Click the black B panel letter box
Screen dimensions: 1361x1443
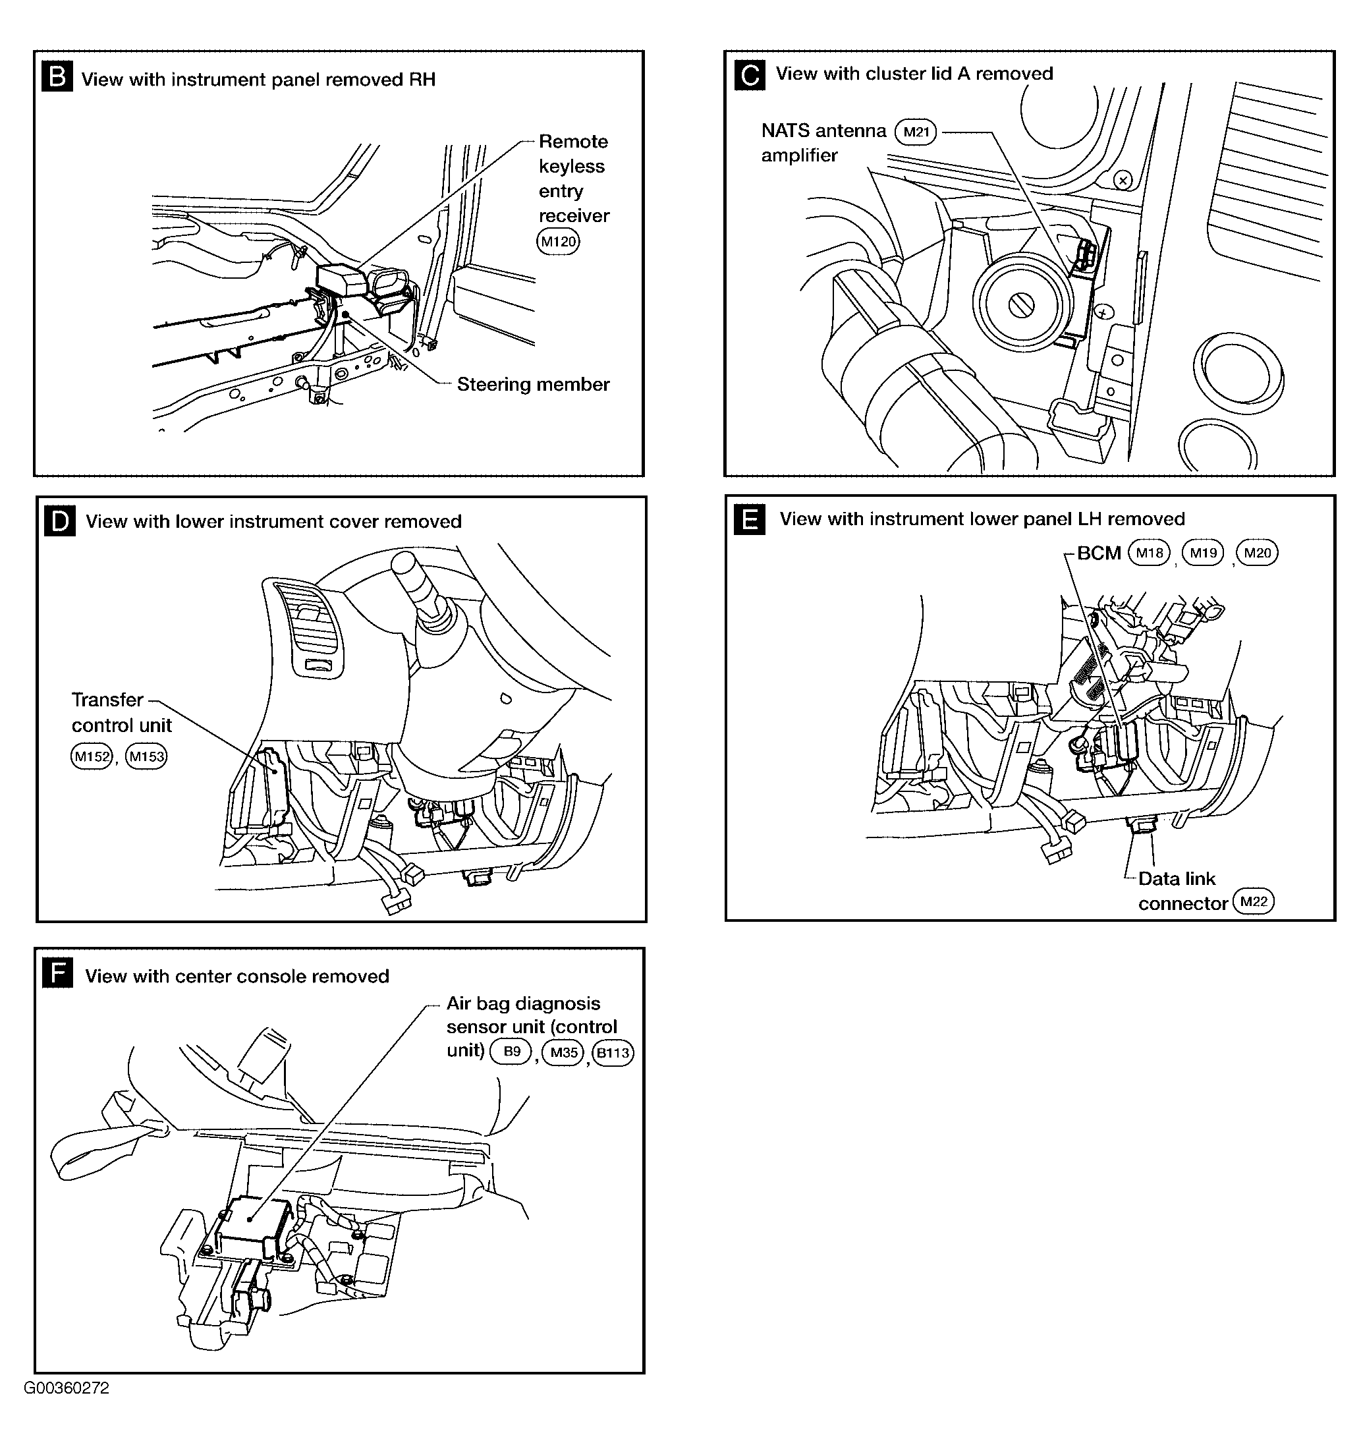pos(57,76)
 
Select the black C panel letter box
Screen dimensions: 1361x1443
pos(750,74)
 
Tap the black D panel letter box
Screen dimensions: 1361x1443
pos(59,521)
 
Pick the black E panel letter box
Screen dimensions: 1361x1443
pos(750,520)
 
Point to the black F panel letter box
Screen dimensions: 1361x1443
pos(58,973)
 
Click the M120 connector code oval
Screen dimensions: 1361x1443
pos(558,241)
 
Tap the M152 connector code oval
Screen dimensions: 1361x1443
pos(92,756)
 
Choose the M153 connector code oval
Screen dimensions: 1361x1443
pos(147,756)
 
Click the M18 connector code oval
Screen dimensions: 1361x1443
pos(1150,553)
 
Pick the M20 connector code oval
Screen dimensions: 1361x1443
pos(1257,553)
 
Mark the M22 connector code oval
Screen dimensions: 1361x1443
pos(1254,901)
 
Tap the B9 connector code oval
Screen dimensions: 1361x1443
pos(512,1052)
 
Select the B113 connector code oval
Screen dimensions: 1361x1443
pos(613,1053)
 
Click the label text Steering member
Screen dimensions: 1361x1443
pos(534,384)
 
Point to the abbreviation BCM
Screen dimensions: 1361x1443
pos(1099,553)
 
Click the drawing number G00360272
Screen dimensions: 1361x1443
pos(67,1388)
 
